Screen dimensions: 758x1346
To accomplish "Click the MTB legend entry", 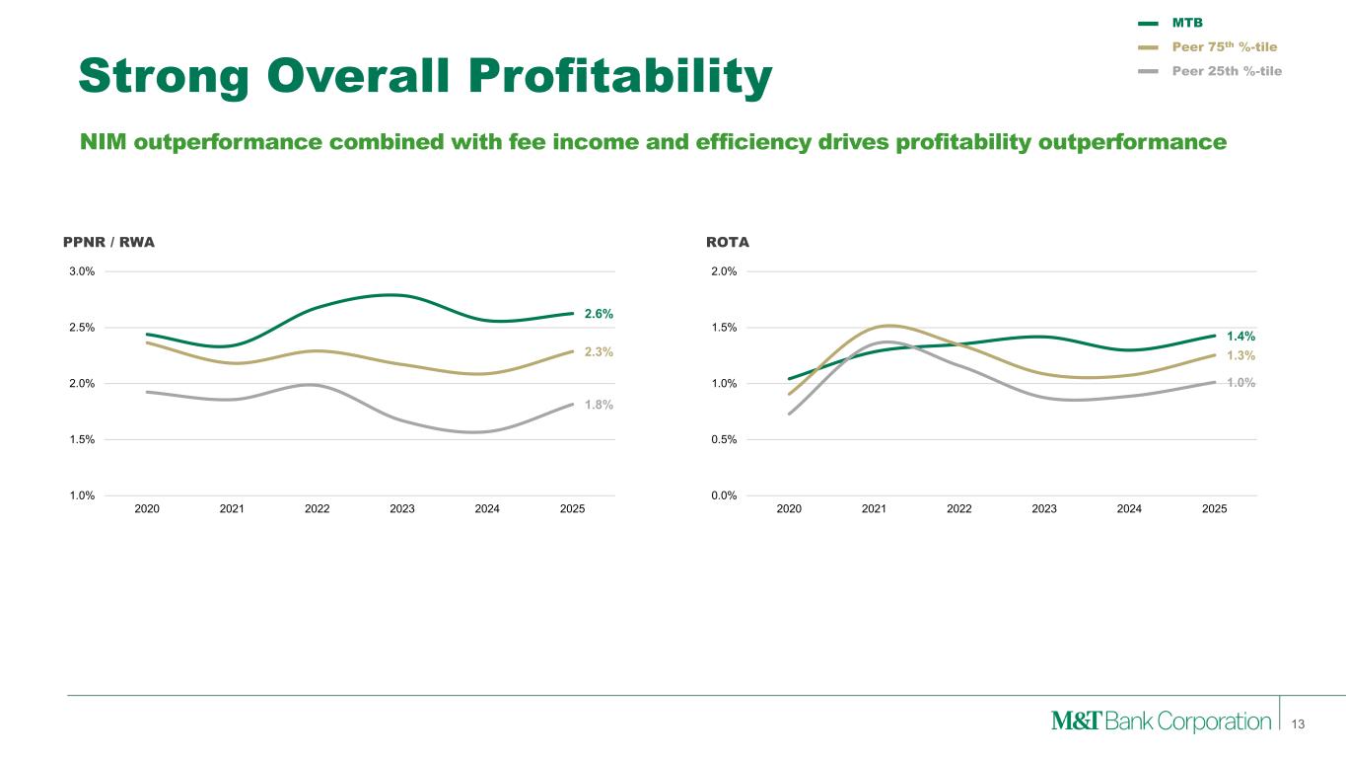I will [1187, 23].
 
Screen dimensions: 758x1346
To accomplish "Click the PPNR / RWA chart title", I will [108, 241].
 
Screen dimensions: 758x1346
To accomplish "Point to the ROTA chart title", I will [728, 241].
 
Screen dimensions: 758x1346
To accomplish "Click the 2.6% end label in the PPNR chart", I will [599, 314].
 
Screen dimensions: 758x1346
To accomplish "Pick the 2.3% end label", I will [599, 351].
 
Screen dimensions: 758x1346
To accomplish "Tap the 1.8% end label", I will [599, 404].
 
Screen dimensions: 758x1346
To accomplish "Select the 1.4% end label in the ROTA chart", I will [1240, 337].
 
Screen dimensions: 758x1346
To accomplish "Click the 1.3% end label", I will [1240, 355].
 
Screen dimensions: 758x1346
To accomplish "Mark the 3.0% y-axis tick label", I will [81, 271].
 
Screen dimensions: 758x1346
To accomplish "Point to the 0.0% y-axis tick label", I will [724, 495].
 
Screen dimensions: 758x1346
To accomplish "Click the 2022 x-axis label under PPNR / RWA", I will [317, 509].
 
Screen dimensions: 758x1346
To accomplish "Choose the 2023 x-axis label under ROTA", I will [1044, 509].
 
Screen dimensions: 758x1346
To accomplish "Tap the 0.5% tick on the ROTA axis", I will [724, 439].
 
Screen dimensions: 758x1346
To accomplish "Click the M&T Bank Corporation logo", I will [1161, 721].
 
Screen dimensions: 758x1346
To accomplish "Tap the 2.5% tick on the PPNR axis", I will [81, 328].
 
